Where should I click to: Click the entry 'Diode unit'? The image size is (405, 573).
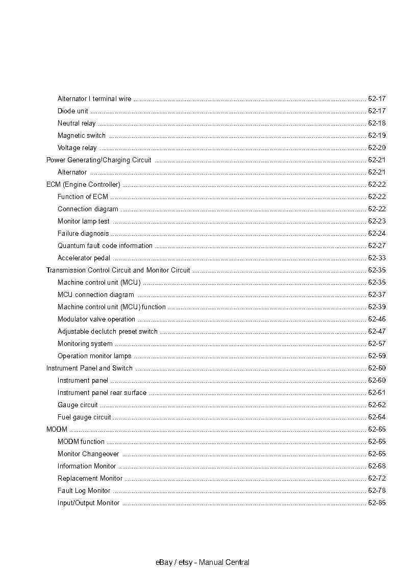pyautogui.click(x=72, y=111)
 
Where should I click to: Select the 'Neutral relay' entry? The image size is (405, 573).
pyautogui.click(x=76, y=123)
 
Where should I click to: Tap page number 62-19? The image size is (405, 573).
pyautogui.click(x=376, y=135)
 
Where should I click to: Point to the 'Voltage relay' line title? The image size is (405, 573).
pyautogui.click(x=77, y=147)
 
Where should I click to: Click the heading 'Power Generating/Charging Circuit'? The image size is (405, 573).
pyautogui.click(x=98, y=160)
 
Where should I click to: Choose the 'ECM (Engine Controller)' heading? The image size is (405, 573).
pyautogui.click(x=83, y=184)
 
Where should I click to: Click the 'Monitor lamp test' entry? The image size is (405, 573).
pyautogui.click(x=83, y=221)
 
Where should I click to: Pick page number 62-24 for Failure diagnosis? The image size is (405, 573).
pyautogui.click(x=376, y=233)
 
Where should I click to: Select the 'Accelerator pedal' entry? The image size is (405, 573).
pyautogui.click(x=84, y=258)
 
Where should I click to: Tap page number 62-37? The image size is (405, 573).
pyautogui.click(x=376, y=294)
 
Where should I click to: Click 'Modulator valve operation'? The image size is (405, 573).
pyautogui.click(x=96, y=319)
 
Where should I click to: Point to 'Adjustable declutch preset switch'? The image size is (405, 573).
pyautogui.click(x=108, y=331)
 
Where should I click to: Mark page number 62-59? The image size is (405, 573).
pyautogui.click(x=376, y=356)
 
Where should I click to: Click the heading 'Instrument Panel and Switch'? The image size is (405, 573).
pyautogui.click(x=89, y=368)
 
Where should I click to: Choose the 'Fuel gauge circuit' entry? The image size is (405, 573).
pyautogui.click(x=84, y=417)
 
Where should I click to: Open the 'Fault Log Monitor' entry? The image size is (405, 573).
pyautogui.click(x=84, y=490)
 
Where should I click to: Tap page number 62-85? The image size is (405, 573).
pyautogui.click(x=376, y=503)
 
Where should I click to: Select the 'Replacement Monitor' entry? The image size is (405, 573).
pyautogui.click(x=90, y=478)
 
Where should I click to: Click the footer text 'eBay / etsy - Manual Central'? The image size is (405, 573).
pyautogui.click(x=202, y=562)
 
